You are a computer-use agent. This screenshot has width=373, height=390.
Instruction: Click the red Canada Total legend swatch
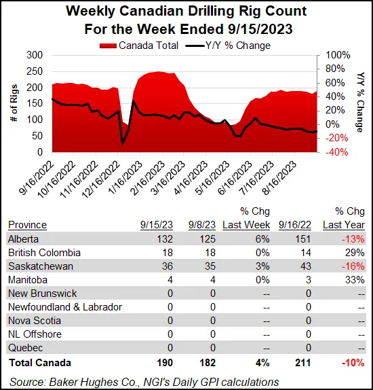(108, 46)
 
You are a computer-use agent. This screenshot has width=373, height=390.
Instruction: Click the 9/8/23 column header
(203, 225)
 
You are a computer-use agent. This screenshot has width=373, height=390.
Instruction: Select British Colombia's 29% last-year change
(355, 252)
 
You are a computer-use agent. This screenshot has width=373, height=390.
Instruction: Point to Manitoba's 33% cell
(355, 280)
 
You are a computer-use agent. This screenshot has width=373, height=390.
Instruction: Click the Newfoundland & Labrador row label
(64, 307)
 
